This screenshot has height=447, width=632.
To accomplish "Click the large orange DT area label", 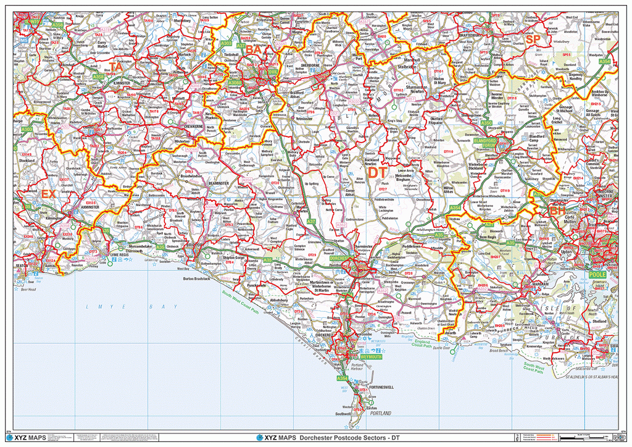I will point(378,173).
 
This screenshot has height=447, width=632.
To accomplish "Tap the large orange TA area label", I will point(116,65).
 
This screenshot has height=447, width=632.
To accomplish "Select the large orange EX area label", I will point(48,194).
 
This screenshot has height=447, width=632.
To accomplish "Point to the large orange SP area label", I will point(533,40).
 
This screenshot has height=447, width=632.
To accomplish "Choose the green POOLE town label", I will point(598,274).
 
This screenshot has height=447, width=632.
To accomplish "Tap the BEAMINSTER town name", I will point(219,183).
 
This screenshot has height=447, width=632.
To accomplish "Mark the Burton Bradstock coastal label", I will point(193,278).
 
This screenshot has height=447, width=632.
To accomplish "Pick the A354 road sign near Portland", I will point(343,377).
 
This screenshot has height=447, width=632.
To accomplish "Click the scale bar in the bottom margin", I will point(577,437).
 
